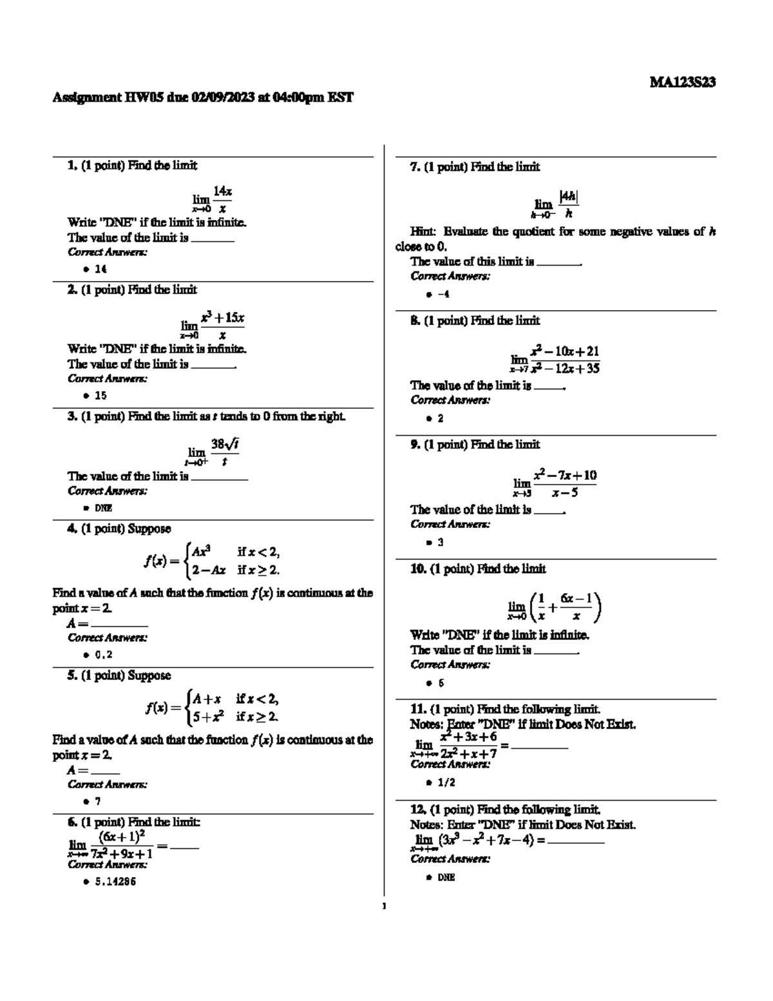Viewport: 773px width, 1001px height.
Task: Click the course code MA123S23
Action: pos(682,83)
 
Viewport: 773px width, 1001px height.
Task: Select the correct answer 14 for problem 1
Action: pos(100,269)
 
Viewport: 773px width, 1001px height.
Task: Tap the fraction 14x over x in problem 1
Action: pos(222,199)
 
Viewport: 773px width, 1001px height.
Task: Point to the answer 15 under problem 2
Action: pos(100,396)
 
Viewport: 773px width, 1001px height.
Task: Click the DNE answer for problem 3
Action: pos(103,508)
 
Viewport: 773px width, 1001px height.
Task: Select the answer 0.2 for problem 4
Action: pos(103,655)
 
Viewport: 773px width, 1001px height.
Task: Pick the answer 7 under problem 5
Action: pos(98,802)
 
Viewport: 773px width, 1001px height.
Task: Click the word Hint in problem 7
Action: pos(423,231)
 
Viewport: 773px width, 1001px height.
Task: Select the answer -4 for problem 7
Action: pos(443,295)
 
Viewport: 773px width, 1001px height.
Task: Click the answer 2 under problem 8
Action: pos(441,418)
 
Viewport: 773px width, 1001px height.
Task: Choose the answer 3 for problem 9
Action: pos(441,543)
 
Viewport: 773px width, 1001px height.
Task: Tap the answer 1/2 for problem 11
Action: pos(446,782)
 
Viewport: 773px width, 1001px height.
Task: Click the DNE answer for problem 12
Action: pos(446,877)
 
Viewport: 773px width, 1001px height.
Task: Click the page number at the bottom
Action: pos(384,906)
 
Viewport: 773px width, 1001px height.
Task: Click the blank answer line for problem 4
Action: pos(119,625)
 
